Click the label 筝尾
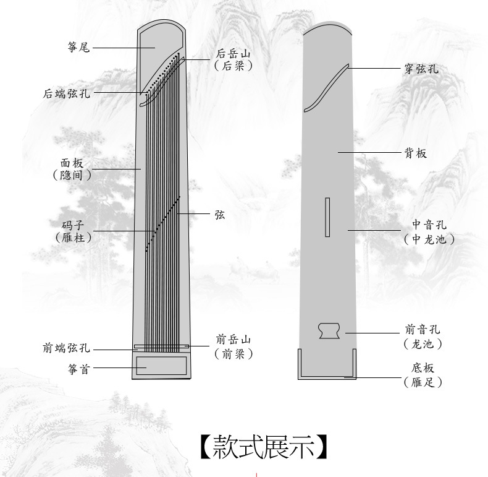click(x=79, y=46)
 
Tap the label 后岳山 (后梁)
click(x=233, y=59)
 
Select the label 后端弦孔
click(x=66, y=93)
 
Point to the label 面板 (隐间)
click(x=72, y=169)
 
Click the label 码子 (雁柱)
click(x=72, y=231)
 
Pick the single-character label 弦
click(x=220, y=215)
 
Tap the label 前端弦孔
click(x=66, y=350)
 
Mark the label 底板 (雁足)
click(x=423, y=375)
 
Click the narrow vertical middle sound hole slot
click(x=327, y=217)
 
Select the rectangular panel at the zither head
click(x=162, y=365)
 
